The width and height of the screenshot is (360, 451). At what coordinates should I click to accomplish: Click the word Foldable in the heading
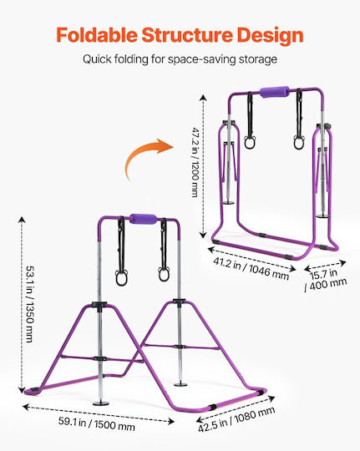point(97,35)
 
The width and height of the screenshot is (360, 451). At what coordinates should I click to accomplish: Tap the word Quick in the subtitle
point(97,59)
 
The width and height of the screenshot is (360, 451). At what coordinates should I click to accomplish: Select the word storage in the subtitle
point(258,59)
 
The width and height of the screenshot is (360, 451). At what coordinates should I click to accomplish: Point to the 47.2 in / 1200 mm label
point(195,162)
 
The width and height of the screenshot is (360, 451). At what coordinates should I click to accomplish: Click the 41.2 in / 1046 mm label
point(251,269)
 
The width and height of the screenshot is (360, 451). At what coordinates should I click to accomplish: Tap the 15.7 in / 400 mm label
point(326,280)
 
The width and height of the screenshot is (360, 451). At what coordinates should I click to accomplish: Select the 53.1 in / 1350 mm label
point(29,304)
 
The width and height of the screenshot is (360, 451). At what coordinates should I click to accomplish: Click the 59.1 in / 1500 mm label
point(97,423)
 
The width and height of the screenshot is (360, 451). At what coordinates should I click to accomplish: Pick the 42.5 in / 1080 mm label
point(236,419)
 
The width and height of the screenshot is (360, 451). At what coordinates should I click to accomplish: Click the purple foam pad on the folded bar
point(274,92)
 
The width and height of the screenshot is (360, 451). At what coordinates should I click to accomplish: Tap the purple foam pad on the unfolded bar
point(144,219)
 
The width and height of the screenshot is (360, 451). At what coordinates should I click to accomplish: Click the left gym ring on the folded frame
point(250,142)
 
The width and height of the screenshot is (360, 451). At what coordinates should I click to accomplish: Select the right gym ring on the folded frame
point(299,142)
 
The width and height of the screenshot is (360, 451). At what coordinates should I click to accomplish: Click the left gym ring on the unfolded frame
point(122,277)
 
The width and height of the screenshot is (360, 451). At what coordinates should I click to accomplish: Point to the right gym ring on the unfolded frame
point(164,274)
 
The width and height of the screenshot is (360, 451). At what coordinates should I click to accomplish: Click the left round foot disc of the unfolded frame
point(101,403)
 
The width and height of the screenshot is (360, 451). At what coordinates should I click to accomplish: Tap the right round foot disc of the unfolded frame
point(180,384)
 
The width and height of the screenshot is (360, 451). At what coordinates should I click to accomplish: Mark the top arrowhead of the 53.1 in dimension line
point(22,220)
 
